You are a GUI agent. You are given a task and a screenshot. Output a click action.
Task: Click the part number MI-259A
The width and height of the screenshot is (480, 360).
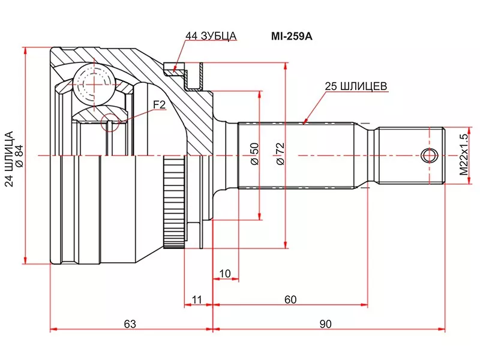(293, 35)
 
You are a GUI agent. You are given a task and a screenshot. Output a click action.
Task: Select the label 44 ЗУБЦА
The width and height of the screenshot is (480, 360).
(211, 35)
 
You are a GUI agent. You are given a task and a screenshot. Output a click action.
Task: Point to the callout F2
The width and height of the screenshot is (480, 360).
(159, 104)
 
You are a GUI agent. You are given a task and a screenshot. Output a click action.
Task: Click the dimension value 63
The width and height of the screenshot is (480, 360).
(130, 324)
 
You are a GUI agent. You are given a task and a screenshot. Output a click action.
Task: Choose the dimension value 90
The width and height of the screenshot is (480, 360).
(325, 324)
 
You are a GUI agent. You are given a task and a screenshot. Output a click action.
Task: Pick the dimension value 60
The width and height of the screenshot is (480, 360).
(290, 299)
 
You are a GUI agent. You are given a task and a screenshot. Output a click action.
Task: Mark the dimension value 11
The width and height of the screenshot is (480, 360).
(196, 299)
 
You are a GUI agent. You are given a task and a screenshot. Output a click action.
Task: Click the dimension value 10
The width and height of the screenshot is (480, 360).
(225, 274)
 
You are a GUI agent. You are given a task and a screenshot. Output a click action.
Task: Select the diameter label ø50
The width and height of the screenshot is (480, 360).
(254, 154)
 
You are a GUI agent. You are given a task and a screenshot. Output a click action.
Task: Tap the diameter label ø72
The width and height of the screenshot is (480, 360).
(279, 154)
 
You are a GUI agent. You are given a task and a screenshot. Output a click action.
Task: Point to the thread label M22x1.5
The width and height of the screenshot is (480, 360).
(463, 154)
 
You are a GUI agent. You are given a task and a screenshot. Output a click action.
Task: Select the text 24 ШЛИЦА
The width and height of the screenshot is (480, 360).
(8, 159)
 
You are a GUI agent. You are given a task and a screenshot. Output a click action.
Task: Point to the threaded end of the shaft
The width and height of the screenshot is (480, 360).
(410, 155)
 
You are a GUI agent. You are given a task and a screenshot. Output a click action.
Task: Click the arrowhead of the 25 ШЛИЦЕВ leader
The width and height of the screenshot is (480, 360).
(304, 122)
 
